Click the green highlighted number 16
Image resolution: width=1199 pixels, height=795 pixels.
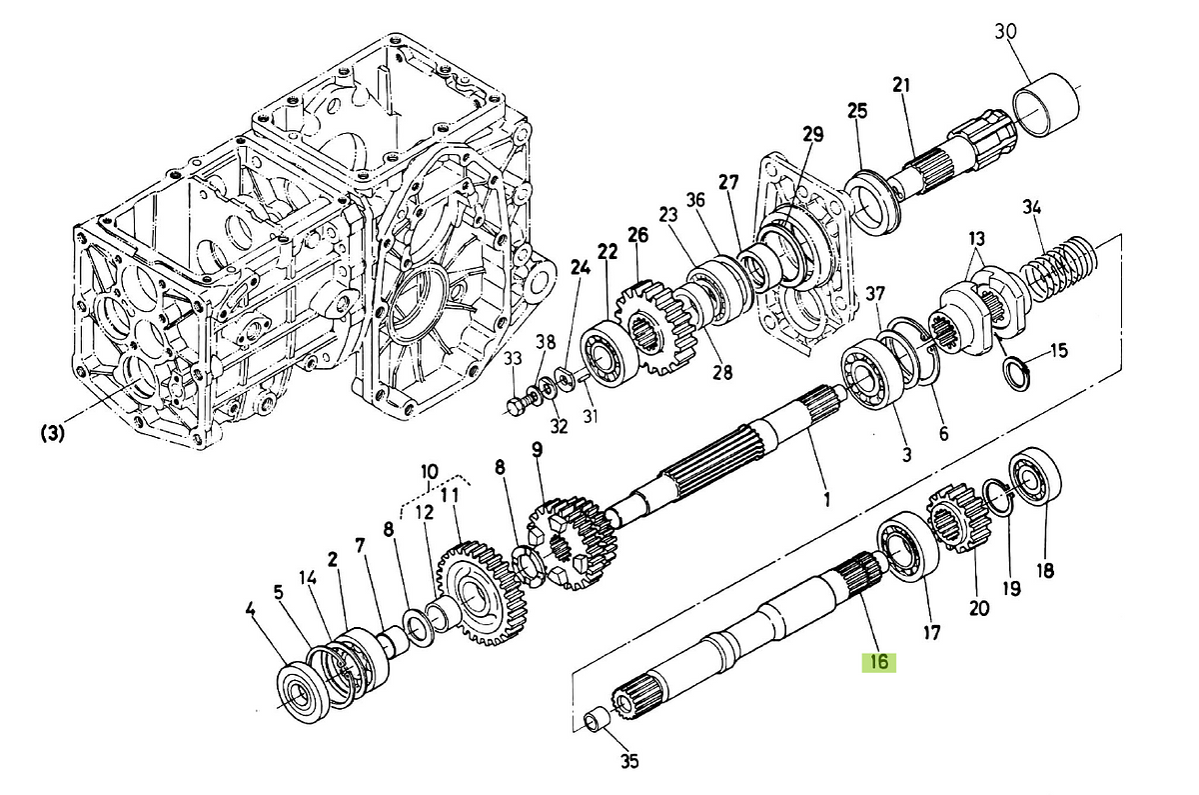[x=879, y=662]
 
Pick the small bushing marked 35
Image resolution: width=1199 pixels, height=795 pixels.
[x=599, y=720]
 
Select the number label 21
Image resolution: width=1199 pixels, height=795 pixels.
[x=902, y=86]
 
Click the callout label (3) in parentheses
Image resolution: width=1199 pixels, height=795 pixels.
[x=54, y=434]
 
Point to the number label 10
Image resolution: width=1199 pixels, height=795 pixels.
[x=430, y=471]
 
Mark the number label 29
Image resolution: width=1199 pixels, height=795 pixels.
[x=811, y=134]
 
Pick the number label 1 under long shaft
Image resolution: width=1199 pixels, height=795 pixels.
[x=826, y=497]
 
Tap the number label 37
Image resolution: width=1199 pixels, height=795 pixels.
[x=875, y=293]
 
